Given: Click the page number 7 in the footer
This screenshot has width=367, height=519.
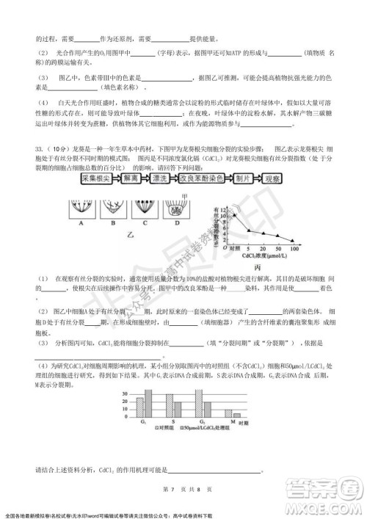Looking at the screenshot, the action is [169, 490].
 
